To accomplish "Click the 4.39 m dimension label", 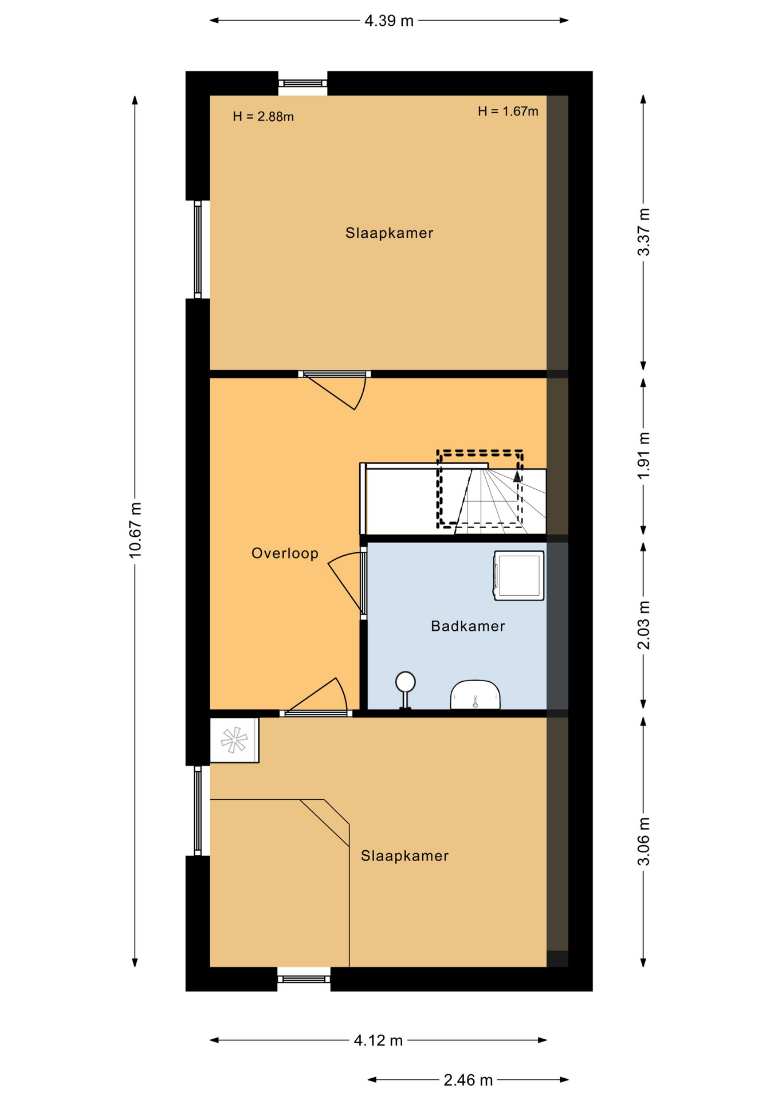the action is [389, 21].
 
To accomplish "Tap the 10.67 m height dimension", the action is [135, 530].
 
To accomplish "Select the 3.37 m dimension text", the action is [644, 232].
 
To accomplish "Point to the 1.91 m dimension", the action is [644, 455].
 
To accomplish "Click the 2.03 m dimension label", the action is [644, 625].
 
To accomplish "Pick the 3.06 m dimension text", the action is [644, 842].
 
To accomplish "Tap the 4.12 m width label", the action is [378, 1040].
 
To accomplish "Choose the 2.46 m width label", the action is [468, 1080].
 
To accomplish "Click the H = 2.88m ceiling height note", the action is [263, 117].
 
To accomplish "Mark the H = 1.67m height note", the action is [508, 111].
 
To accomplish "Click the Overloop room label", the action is [285, 553].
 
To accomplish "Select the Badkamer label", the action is [468, 626].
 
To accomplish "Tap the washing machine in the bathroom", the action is [518, 576].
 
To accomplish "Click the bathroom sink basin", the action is [475, 695].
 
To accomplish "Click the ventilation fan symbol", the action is [234, 740].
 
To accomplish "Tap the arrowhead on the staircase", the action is [517, 476].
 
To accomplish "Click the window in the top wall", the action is [302, 84].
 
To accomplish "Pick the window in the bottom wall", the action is [304, 979].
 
